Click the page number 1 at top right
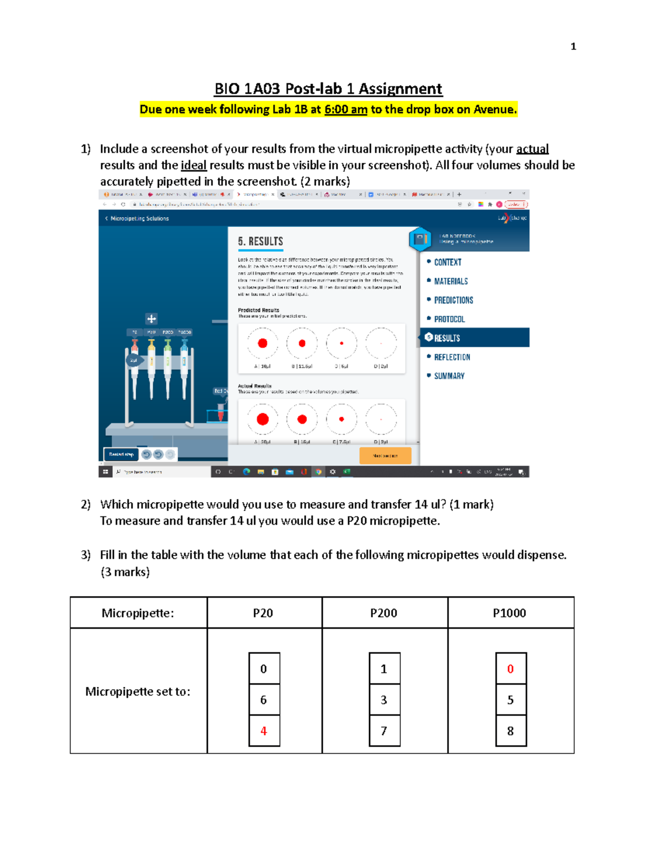tap(573, 47)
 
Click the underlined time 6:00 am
tap(345, 109)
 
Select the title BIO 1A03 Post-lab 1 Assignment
tap(328, 89)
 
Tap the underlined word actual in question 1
tap(532, 149)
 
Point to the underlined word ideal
tap(194, 166)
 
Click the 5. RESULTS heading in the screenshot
tap(260, 241)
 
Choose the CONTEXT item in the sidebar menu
tap(447, 262)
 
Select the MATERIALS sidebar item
tap(450, 282)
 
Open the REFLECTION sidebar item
tap(452, 357)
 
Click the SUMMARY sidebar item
tap(449, 376)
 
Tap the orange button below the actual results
tap(385, 455)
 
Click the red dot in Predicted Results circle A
tap(262, 343)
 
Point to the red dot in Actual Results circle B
tap(302, 419)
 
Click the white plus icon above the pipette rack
tap(151, 318)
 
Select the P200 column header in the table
tap(383, 613)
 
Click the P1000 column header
tap(509, 613)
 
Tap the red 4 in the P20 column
tap(263, 731)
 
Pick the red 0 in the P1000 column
tap(510, 669)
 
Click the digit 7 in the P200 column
tap(384, 731)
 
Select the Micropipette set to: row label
tap(137, 691)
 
